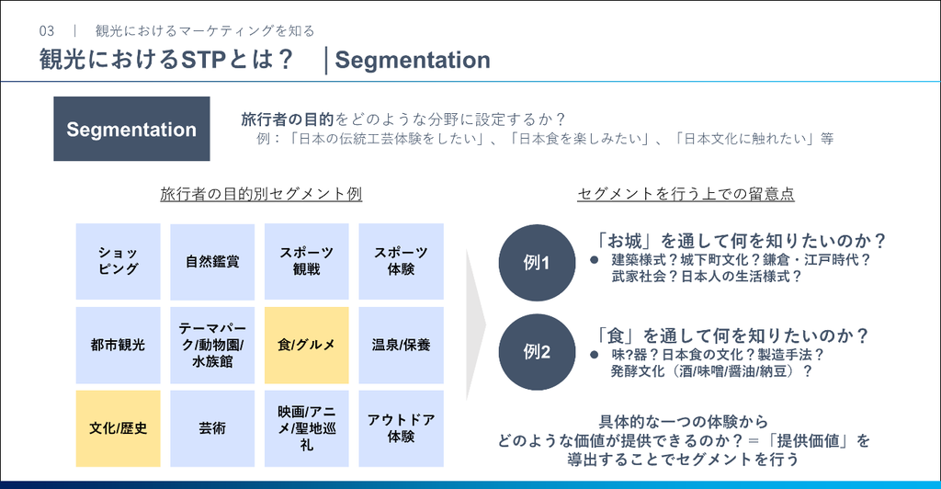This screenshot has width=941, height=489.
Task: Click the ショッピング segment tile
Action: pyautogui.click(x=119, y=261)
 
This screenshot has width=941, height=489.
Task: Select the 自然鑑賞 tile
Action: pyautogui.click(x=212, y=261)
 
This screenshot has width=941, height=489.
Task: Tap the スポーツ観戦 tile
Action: pyautogui.click(x=307, y=261)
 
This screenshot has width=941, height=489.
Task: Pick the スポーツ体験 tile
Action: pyautogui.click(x=401, y=261)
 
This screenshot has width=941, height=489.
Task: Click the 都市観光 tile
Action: pyautogui.click(x=119, y=345)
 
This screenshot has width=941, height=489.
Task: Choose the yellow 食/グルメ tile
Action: pyautogui.click(x=307, y=345)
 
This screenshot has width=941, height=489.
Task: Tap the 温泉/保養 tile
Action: pyautogui.click(x=401, y=345)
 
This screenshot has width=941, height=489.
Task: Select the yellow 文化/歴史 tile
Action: pyautogui.click(x=119, y=428)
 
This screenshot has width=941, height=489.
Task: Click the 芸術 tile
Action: pyautogui.click(x=212, y=428)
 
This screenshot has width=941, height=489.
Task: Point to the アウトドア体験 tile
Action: pyautogui.click(x=401, y=428)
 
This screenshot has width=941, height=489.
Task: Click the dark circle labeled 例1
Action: pyautogui.click(x=537, y=263)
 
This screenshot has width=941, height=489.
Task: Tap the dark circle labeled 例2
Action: pyautogui.click(x=537, y=352)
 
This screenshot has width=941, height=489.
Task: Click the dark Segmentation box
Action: pyautogui.click(x=131, y=129)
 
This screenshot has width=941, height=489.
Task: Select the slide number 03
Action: pyautogui.click(x=47, y=31)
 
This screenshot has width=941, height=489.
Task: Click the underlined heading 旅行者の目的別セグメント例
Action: pyautogui.click(x=261, y=194)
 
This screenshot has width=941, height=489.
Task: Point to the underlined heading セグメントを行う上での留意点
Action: pyautogui.click(x=686, y=194)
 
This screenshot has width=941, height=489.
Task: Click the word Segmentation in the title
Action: pyautogui.click(x=413, y=60)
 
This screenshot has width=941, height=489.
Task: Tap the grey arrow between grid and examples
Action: pyautogui.click(x=475, y=324)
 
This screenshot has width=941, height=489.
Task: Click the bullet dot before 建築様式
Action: pyautogui.click(x=595, y=260)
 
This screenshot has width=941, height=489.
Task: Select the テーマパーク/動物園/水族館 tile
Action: pyautogui.click(x=212, y=345)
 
